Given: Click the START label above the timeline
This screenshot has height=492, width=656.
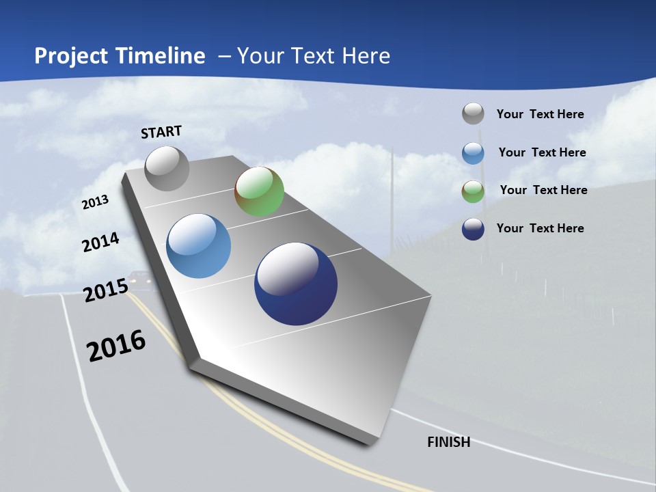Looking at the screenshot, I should pyautogui.click(x=161, y=132).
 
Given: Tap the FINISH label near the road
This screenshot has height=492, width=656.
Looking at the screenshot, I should pyautogui.click(x=448, y=442).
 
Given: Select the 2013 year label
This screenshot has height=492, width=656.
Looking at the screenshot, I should pyautogui.click(x=95, y=202).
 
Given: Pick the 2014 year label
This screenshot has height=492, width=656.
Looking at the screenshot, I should pyautogui.click(x=100, y=243).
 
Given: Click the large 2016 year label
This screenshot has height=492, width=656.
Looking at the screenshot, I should pyautogui.click(x=116, y=346).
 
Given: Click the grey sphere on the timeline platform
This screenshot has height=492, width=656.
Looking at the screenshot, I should pyautogui.click(x=167, y=168).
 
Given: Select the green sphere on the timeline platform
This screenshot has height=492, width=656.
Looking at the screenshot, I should pyautogui.click(x=259, y=191).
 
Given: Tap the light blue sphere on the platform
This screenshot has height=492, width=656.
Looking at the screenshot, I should pyautogui.click(x=198, y=246).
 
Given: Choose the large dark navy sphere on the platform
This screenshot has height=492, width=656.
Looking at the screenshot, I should pyautogui.click(x=296, y=284).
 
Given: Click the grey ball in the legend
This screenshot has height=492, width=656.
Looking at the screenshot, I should pyautogui.click(x=473, y=114).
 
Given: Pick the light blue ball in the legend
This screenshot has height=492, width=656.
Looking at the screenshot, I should pyautogui.click(x=473, y=153).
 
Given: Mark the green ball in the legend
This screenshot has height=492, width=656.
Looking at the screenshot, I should pyautogui.click(x=473, y=191).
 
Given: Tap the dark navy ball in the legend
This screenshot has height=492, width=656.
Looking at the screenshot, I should pyautogui.click(x=473, y=229).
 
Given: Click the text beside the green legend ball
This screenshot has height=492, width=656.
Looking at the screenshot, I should pyautogui.click(x=543, y=190).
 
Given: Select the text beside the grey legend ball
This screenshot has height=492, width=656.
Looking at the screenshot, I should pyautogui.click(x=540, y=114).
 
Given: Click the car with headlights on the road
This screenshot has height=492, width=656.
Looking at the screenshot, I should pyautogui.click(x=140, y=278).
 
